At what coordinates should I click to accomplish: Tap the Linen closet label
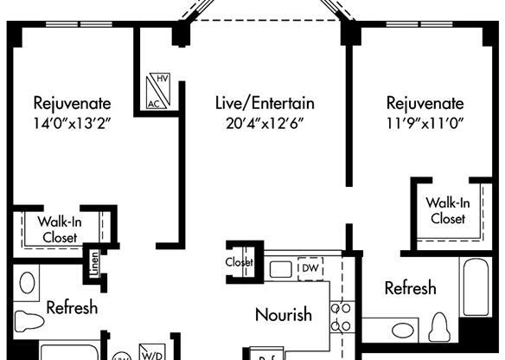93,265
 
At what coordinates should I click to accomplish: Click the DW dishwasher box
310,268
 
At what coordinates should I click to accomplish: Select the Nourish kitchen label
283,315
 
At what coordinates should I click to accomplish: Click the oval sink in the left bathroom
27,282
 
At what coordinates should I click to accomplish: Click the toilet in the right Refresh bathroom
439,328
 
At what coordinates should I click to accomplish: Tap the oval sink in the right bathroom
401,330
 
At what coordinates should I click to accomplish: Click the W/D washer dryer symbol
153,354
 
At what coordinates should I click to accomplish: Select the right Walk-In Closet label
446,210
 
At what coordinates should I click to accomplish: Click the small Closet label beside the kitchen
240,262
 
